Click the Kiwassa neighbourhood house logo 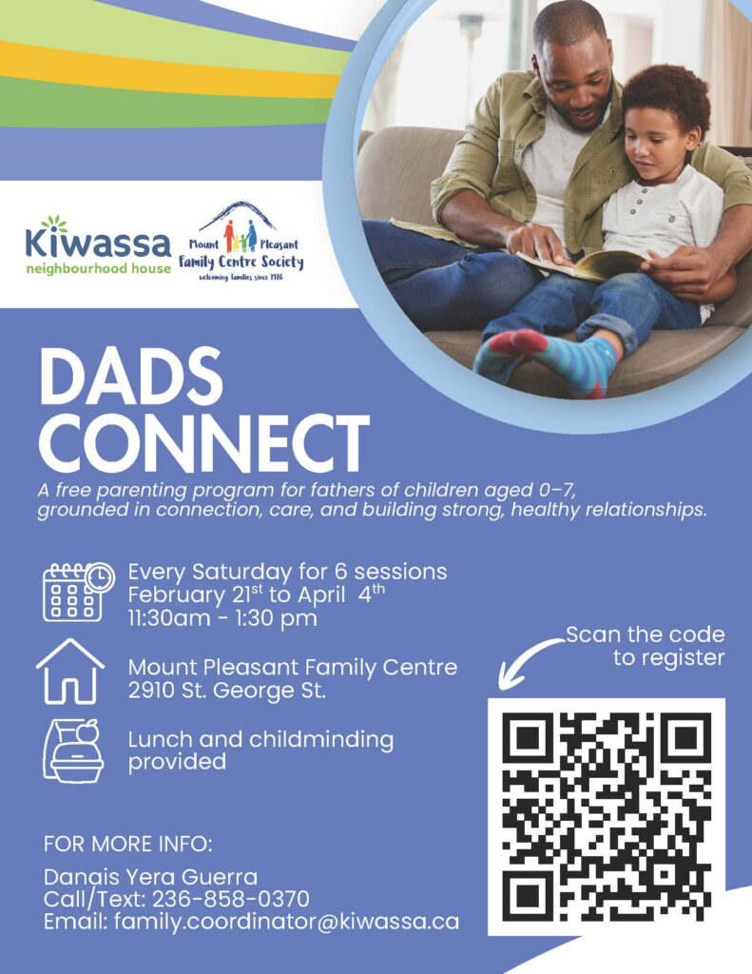(98, 245)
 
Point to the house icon (70, 672)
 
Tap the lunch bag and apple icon (72, 750)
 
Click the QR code (607, 816)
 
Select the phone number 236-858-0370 (231, 899)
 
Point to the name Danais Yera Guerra (150, 876)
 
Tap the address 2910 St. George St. (226, 691)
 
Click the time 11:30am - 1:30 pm (222, 618)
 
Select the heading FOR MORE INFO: (128, 845)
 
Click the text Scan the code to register (646, 646)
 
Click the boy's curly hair (666, 103)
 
